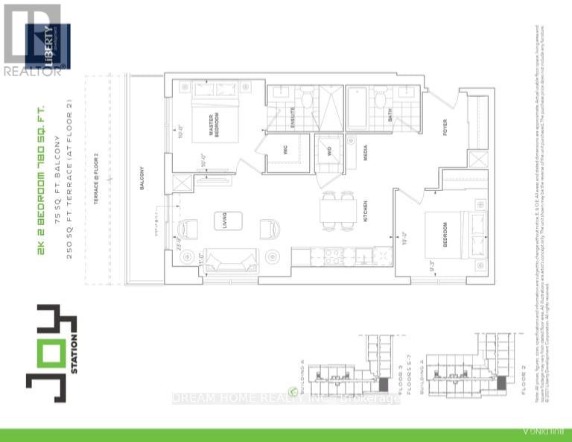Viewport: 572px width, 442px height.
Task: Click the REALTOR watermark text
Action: point(35,72)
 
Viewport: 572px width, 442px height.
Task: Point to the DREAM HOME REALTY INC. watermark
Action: point(286,398)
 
